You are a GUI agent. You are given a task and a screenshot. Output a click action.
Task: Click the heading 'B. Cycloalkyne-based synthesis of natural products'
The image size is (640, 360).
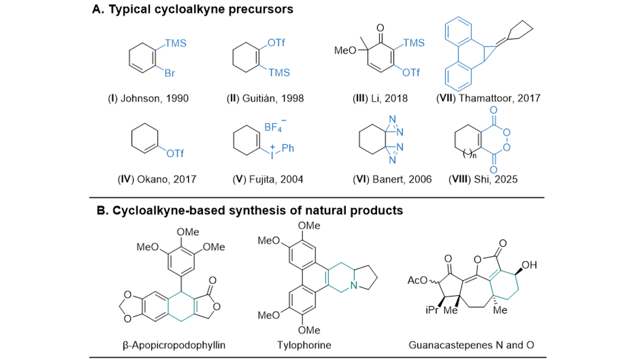[x=250, y=210]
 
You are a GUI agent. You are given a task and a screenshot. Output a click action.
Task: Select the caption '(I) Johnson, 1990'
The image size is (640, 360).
[x=154, y=98]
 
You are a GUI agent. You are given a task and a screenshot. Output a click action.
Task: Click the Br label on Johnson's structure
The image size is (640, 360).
[x=169, y=74]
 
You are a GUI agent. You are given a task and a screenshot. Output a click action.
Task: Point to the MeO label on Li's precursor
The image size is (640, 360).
[x=345, y=52]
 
